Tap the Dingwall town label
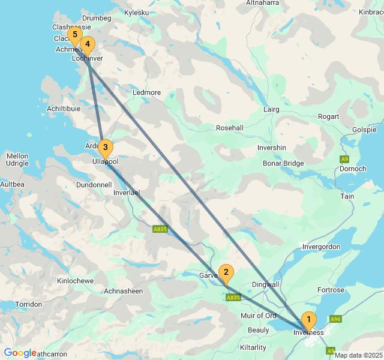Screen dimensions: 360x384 (265, 284)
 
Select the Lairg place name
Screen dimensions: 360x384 (272, 110)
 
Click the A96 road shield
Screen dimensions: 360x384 (335, 319)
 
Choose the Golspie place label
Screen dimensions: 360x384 (365, 130)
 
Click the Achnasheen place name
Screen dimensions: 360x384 (124, 291)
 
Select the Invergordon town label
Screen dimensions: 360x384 (322, 247)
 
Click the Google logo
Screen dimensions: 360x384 (20, 353)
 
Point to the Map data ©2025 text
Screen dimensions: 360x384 (358, 355)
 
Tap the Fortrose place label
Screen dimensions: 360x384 (331, 290)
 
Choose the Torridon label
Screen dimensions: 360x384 (29, 304)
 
